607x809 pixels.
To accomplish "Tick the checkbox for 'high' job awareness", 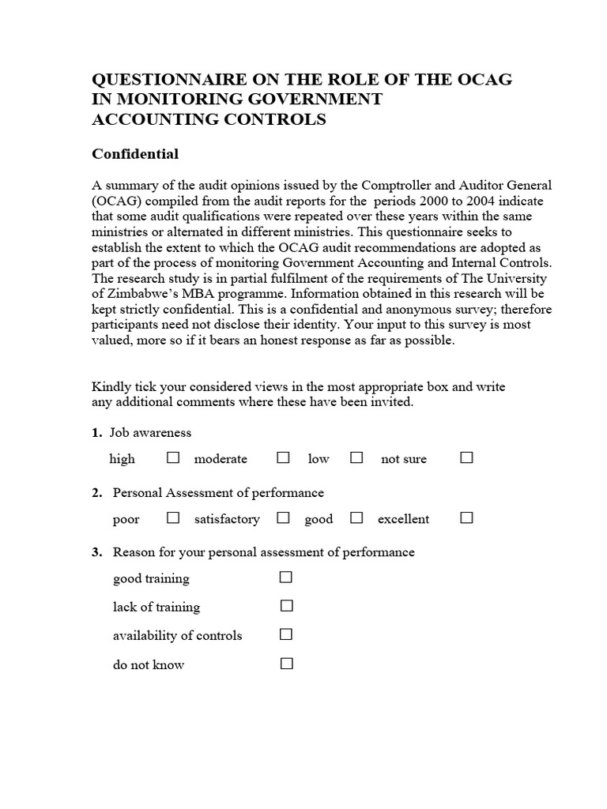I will tap(173, 457).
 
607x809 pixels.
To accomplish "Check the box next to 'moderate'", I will tap(283, 457).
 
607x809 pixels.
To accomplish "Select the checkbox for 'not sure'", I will tap(466, 457).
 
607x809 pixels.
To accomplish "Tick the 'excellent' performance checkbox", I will tap(466, 517).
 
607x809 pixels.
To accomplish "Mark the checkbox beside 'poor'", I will tap(173, 517).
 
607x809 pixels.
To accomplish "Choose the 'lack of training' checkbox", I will tap(286, 606).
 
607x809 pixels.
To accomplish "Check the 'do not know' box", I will tap(286, 664).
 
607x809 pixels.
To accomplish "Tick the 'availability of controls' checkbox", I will tap(286, 634).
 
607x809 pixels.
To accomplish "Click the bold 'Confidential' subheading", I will tap(135, 153).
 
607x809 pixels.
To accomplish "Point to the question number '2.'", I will tap(97, 493).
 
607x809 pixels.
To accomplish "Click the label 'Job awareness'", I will tap(152, 433).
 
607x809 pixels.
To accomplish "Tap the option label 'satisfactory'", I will tap(227, 519).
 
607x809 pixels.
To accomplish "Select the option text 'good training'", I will tap(151, 578).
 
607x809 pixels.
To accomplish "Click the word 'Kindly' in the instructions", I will tap(111, 387).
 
